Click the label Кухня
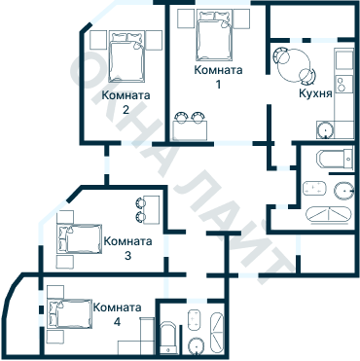tap(315, 93)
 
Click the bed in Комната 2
tap(126, 56)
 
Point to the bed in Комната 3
tap(80, 239)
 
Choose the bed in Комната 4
tap(69, 314)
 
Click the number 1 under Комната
tap(218, 85)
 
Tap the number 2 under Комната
tap(126, 110)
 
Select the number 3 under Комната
tap(127, 256)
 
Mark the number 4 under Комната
tap(117, 322)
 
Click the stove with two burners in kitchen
tap(344, 84)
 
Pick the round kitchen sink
tap(325, 129)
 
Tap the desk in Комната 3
tap(152, 209)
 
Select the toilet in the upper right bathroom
tap(344, 191)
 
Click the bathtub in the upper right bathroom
tap(335, 159)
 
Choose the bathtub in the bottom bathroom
tap(168, 338)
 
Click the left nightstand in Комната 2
tap(98, 40)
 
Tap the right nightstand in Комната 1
tap(240, 19)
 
